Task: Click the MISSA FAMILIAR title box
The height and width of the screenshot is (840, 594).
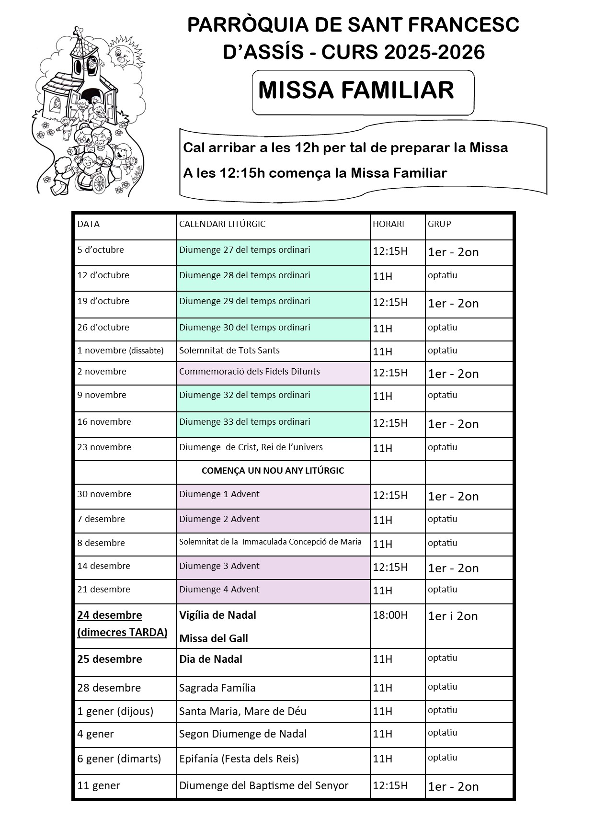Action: (363, 92)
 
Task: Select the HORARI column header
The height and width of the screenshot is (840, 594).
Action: (388, 224)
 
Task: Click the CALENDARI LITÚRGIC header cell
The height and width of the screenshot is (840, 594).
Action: (222, 224)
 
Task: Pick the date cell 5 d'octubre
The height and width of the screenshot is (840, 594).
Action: (101, 250)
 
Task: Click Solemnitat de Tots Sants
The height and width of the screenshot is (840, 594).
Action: (229, 351)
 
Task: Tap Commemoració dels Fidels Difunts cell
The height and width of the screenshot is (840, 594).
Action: (250, 372)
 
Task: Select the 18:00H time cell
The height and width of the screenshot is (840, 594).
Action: (390, 615)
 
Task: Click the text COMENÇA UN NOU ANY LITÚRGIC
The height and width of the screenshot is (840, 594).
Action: (273, 471)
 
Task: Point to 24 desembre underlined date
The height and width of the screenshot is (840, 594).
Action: (110, 615)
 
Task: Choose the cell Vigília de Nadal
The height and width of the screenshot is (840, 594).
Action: (218, 615)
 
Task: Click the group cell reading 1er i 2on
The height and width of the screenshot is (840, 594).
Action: (453, 616)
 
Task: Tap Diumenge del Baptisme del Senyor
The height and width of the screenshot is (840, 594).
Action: (264, 786)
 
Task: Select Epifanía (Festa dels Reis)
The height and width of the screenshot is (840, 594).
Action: (239, 759)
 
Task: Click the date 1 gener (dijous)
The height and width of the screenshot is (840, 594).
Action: (115, 712)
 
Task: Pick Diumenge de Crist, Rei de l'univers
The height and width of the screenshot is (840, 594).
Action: (251, 447)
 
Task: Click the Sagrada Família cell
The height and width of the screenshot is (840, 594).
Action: (217, 688)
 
